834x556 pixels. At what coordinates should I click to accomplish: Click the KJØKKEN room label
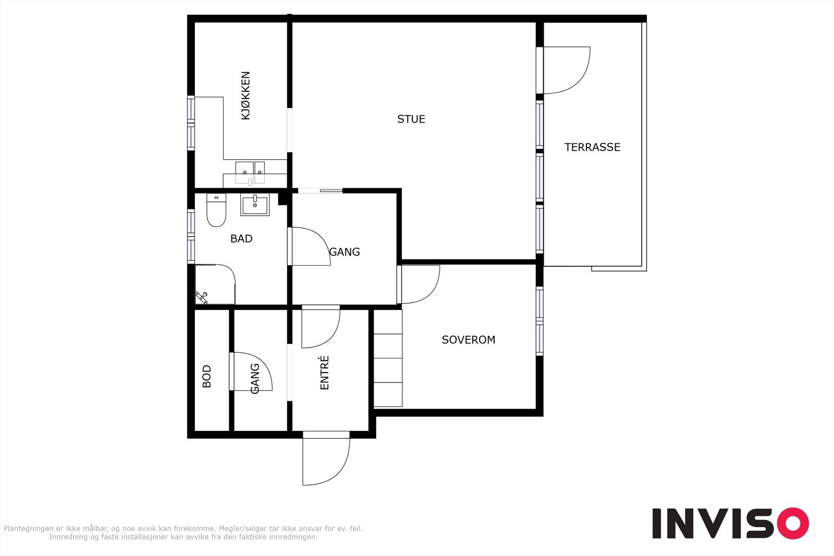pyautogui.click(x=246, y=96)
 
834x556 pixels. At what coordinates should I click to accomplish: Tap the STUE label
pyautogui.click(x=411, y=119)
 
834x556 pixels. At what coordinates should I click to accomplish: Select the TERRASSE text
pyautogui.click(x=592, y=147)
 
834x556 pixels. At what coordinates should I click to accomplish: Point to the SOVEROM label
pyautogui.click(x=469, y=340)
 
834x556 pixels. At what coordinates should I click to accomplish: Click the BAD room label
pyautogui.click(x=241, y=239)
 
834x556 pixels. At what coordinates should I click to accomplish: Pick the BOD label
pyautogui.click(x=206, y=376)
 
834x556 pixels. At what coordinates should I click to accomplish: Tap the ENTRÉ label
pyautogui.click(x=324, y=373)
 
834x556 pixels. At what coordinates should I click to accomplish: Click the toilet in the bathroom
pyautogui.click(x=216, y=210)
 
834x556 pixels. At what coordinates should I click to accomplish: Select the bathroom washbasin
pyautogui.click(x=255, y=205)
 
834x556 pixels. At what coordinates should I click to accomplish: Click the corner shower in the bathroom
pyautogui.click(x=215, y=285)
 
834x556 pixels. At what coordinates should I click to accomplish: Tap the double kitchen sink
pyautogui.click(x=250, y=173)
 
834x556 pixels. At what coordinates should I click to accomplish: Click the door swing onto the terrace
pyautogui.click(x=566, y=70)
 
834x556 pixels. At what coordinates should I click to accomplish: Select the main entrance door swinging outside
pyautogui.click(x=326, y=459)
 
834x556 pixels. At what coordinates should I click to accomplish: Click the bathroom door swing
pyautogui.click(x=311, y=246)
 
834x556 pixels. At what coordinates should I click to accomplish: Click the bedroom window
pyautogui.click(x=539, y=321)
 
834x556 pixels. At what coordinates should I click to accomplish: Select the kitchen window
pyautogui.click(x=191, y=123)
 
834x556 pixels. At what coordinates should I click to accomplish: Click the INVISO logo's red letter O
pyautogui.click(x=793, y=523)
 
